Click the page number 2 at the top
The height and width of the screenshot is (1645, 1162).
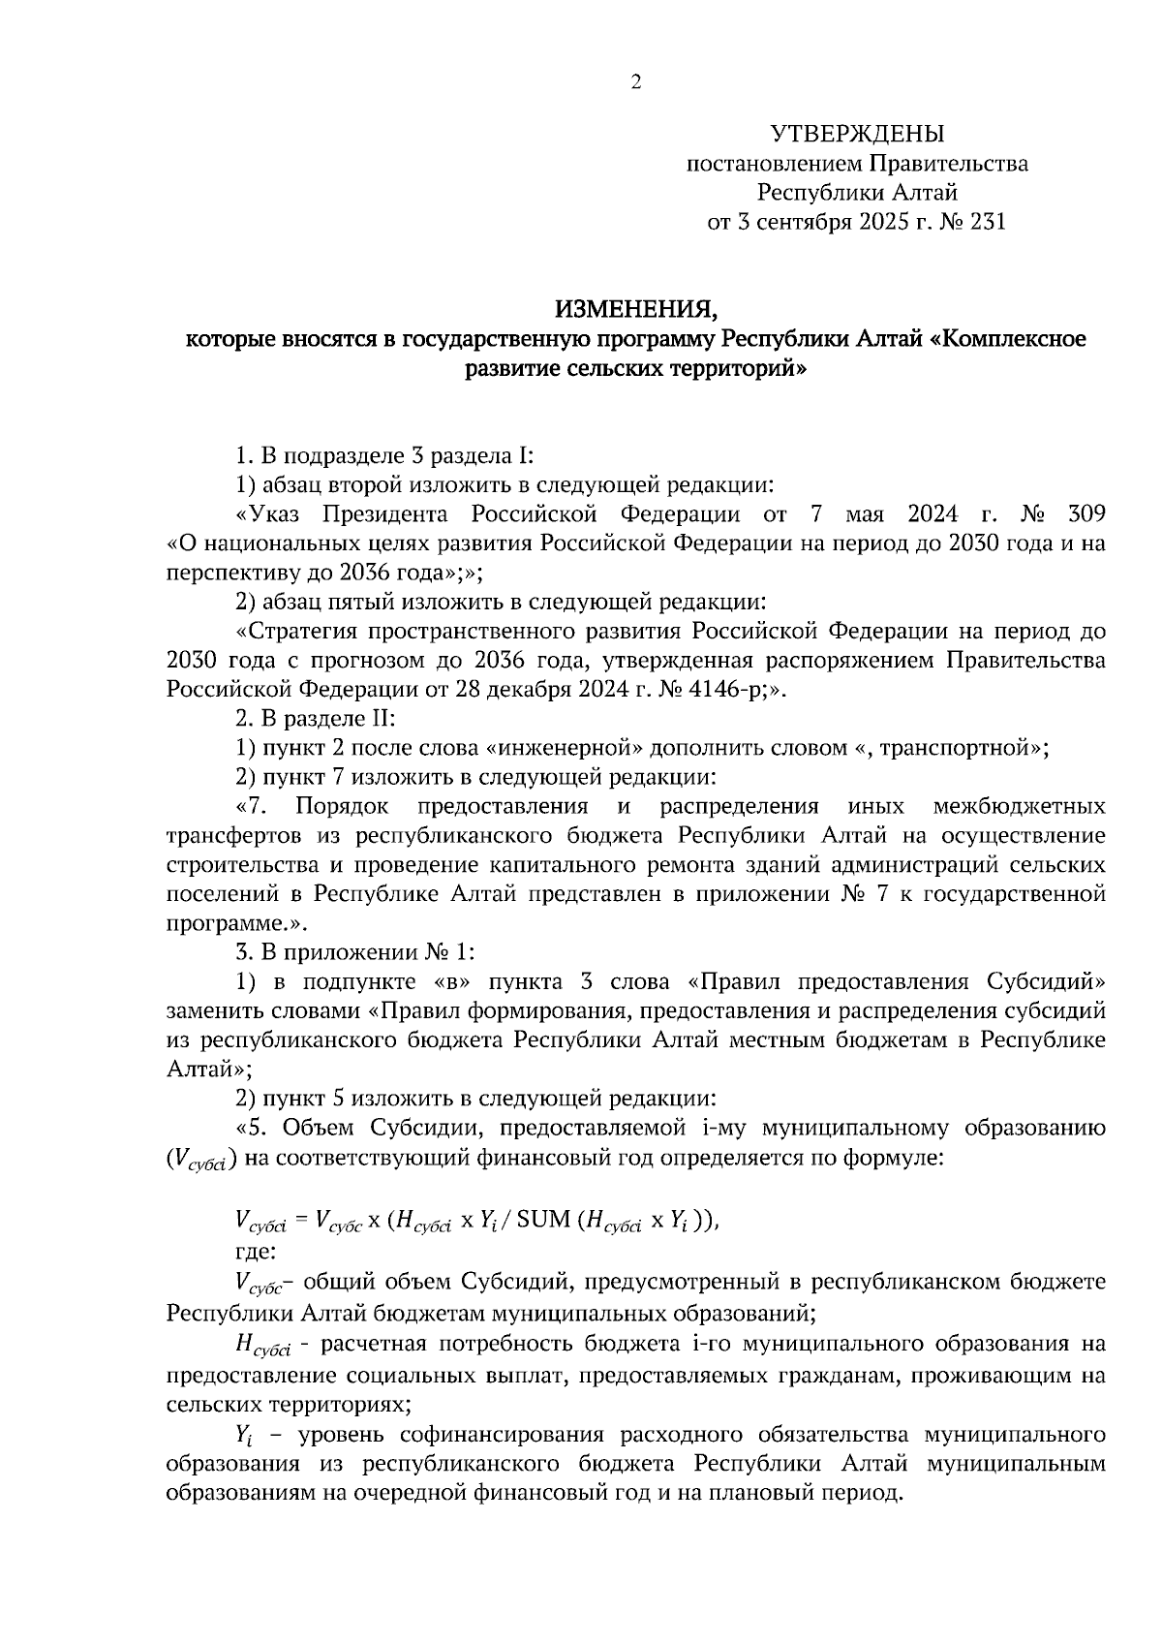click(635, 83)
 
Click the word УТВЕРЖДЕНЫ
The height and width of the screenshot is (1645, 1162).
click(857, 134)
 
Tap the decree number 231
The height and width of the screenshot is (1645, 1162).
click(985, 222)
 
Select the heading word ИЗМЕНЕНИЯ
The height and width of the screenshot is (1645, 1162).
click(635, 309)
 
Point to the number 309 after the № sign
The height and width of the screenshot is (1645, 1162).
click(1085, 513)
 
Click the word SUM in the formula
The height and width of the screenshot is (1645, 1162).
click(543, 1220)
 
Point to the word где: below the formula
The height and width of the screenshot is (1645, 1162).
click(256, 1250)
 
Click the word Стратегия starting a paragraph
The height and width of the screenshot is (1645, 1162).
click(294, 632)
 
